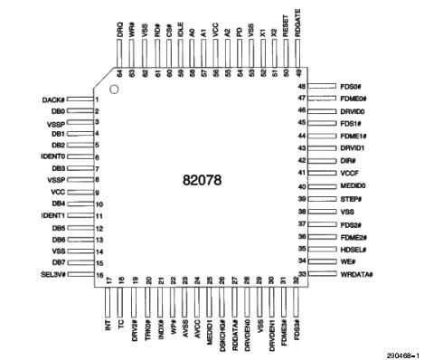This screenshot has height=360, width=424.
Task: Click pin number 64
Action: point(119,71)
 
